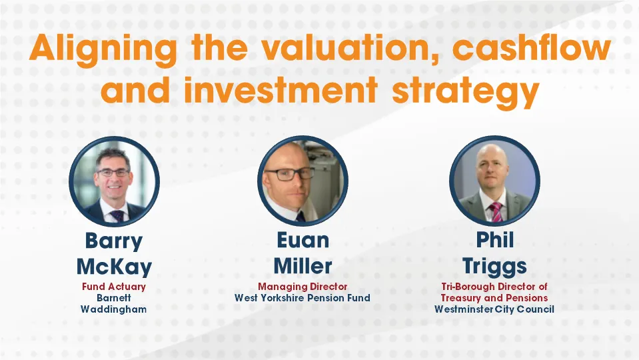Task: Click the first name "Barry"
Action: [113, 241]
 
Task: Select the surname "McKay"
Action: [113, 267]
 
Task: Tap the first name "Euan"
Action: [303, 241]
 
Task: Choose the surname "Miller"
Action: [303, 267]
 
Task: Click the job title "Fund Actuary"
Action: [113, 287]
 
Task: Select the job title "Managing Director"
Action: [303, 287]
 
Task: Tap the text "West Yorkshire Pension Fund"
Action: [303, 298]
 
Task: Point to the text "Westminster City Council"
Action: [494, 309]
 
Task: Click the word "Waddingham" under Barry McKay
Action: [113, 309]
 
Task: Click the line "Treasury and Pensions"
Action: [494, 298]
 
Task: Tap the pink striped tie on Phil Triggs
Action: [496, 212]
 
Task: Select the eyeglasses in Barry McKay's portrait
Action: [113, 173]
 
